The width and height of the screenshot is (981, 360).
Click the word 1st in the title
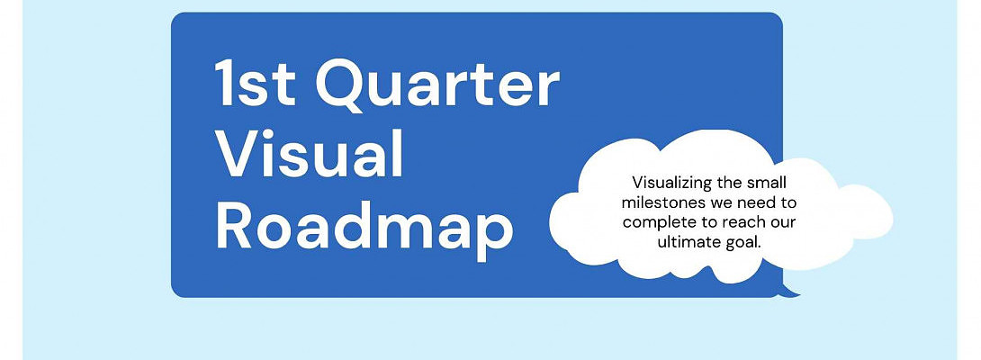tap(256, 83)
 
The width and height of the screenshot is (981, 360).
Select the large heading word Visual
tap(310, 154)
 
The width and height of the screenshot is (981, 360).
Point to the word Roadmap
tap(364, 229)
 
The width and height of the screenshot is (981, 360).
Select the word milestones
tap(661, 203)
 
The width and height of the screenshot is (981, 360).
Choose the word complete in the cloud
tap(656, 223)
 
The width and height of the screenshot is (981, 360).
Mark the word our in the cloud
tap(782, 224)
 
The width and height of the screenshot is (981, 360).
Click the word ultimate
tap(687, 242)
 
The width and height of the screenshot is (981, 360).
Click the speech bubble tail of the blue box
tap(789, 291)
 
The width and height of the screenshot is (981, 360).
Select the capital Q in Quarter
tap(342, 85)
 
